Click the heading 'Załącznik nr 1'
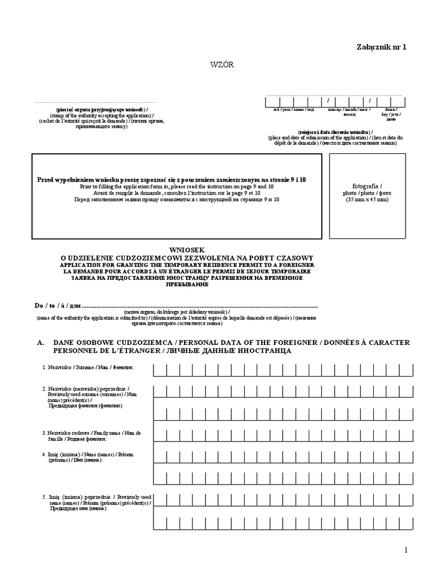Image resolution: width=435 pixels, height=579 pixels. click(x=381, y=47)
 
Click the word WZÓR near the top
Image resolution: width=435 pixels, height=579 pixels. click(x=221, y=64)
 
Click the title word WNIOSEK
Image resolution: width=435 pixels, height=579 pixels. click(x=186, y=249)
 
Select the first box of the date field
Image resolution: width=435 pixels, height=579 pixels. click(x=272, y=101)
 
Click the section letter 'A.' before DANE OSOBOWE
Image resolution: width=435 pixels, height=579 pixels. click(x=40, y=343)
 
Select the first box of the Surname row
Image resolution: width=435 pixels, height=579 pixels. click(x=159, y=370)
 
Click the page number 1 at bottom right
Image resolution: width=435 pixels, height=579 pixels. click(x=406, y=551)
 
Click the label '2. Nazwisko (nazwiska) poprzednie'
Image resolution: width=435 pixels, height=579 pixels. click(x=85, y=391)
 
